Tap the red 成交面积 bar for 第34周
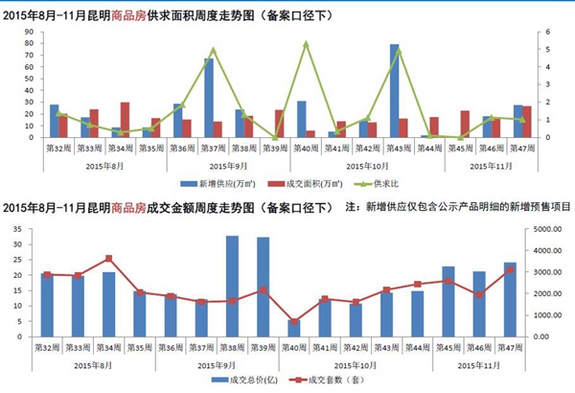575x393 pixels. pos(125,120)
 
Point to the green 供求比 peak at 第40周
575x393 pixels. pos(306,44)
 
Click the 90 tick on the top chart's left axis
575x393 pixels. pos(31,32)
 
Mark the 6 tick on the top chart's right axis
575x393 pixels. pos(545,32)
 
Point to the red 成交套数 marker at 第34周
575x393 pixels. pos(108,259)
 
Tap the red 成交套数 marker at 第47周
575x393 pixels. pos(511,269)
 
